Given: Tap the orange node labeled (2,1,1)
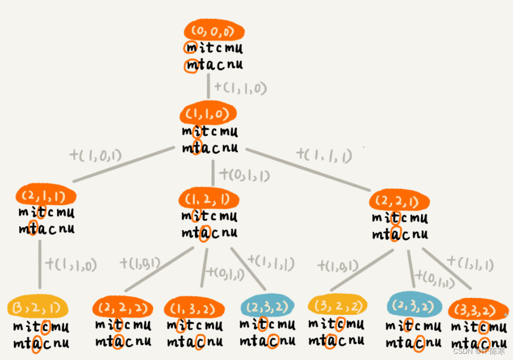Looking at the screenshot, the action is [46, 195].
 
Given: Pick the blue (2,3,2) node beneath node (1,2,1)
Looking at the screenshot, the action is [267, 307].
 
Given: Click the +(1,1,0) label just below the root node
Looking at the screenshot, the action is [240, 87].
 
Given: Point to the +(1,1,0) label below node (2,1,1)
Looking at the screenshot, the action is [71, 265].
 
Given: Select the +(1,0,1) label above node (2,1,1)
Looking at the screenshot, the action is [95, 154].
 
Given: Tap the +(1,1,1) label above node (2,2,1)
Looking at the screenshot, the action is [324, 154].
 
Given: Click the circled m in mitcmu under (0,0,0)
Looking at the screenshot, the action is [191, 48].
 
